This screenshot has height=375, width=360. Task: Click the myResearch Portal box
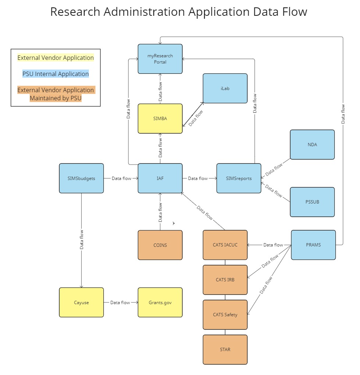click(160, 59)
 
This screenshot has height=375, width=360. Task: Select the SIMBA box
click(160, 118)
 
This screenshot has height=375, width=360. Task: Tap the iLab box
click(225, 89)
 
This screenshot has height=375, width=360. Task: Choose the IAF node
click(160, 178)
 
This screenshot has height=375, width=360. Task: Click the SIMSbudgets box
click(81, 178)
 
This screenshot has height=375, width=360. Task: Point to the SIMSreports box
click(239, 178)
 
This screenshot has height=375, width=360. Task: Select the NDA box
click(312, 144)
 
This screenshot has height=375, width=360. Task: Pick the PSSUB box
click(312, 202)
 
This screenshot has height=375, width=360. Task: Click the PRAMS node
click(313, 245)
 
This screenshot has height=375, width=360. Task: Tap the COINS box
click(160, 245)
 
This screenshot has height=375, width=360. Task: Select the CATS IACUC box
click(225, 245)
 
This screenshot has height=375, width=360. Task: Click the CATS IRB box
click(225, 280)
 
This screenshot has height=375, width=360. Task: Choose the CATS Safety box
click(225, 314)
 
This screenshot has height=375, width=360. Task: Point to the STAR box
click(225, 349)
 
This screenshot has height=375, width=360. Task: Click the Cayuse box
click(81, 302)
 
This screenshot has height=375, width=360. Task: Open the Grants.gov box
click(160, 302)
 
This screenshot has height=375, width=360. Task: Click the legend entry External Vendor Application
click(56, 58)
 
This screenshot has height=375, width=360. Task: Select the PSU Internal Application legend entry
click(56, 74)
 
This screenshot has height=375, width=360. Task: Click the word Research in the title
click(75, 12)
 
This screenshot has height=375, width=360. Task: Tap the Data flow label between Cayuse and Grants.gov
click(120, 302)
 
